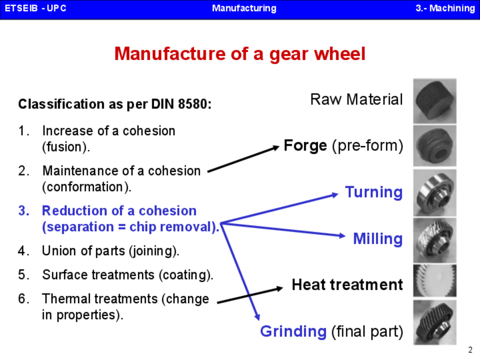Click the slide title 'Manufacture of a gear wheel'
click(x=239, y=54)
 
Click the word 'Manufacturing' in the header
click(x=244, y=8)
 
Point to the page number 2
click(x=470, y=349)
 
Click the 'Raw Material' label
click(x=357, y=100)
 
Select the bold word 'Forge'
click(x=306, y=145)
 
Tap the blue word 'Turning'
click(x=374, y=192)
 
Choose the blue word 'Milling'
click(x=378, y=239)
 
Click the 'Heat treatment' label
click(x=347, y=284)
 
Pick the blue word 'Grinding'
click(x=293, y=331)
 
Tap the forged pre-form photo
click(x=435, y=145)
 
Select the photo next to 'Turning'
click(x=435, y=192)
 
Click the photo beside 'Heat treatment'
click(x=435, y=281)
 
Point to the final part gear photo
click(x=435, y=323)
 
